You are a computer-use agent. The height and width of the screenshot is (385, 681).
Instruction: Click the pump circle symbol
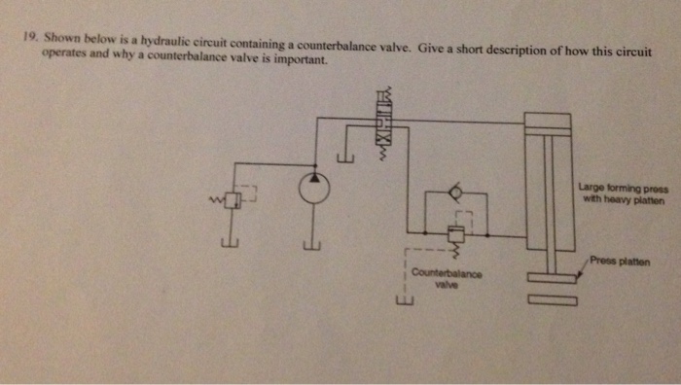coord(313,188)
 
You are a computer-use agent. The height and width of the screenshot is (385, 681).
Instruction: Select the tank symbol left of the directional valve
coord(343,157)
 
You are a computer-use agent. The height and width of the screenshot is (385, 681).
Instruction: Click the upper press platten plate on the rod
coord(552,279)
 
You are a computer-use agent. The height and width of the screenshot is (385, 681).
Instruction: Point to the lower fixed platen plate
coord(552,300)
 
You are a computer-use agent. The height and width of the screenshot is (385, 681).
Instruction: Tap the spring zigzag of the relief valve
coord(211,199)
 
